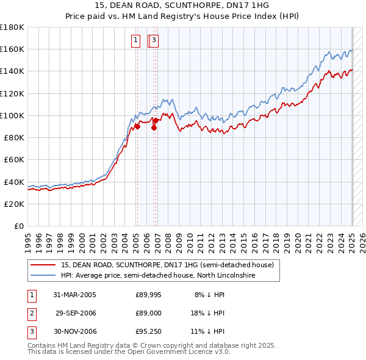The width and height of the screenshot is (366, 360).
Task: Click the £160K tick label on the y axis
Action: coord(12,49)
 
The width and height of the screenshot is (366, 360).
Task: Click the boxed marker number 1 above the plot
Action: coord(135,41)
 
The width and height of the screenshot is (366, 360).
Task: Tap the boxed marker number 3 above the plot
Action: coord(154,41)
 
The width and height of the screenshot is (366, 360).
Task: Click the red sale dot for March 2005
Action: coord(137,126)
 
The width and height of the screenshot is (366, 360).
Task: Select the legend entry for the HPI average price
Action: coord(158,275)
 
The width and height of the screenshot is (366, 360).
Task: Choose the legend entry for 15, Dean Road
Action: coord(170,265)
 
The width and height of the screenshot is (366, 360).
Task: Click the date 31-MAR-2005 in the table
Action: coord(75,295)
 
